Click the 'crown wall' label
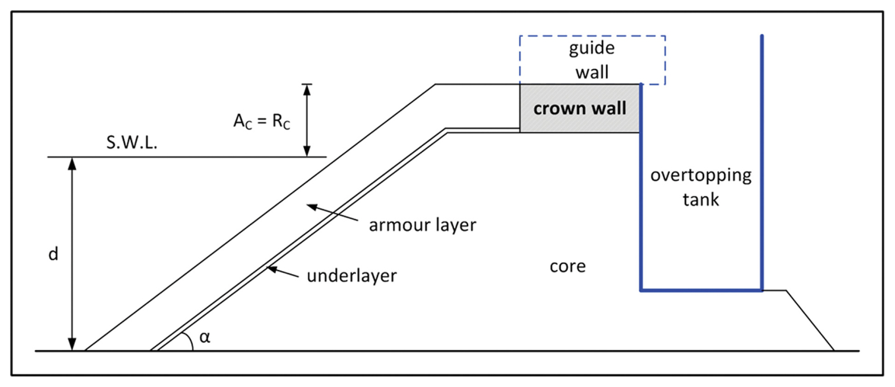[x=580, y=108]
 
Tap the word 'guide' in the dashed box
[x=592, y=48]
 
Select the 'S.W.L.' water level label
[x=132, y=143]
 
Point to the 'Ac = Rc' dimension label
[x=261, y=121]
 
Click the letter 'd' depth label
[x=53, y=254]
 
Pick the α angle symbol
[x=205, y=337]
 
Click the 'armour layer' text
[x=422, y=225]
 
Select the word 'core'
[x=568, y=266]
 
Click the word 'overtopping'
[x=701, y=175]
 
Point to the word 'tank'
[x=700, y=200]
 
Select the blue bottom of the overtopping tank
[x=701, y=290]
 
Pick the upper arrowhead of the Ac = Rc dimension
[x=307, y=90]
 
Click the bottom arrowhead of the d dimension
[x=72, y=345]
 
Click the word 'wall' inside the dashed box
[x=592, y=72]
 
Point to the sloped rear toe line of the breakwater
[x=810, y=320]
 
